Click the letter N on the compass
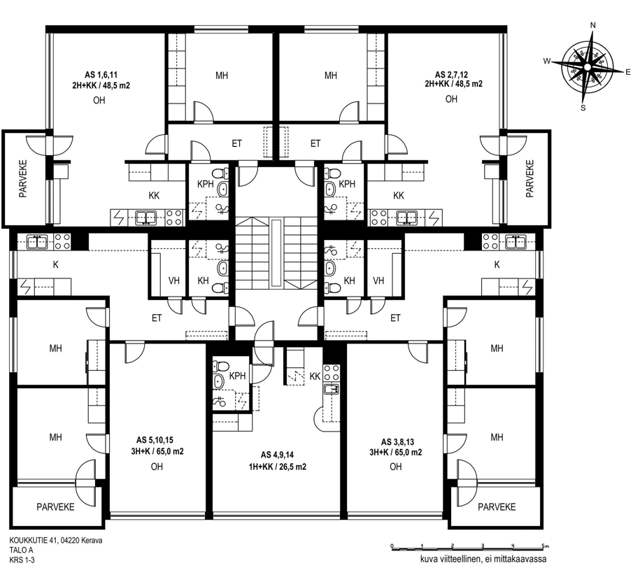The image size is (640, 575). (593, 25)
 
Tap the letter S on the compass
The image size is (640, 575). (583, 108)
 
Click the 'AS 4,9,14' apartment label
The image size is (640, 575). (277, 455)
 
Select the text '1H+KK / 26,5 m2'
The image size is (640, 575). (278, 467)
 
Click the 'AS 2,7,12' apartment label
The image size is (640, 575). (451, 75)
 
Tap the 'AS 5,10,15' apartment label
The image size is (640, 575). (155, 440)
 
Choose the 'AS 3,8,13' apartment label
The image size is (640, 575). (397, 442)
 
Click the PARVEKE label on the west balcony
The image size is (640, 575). (23, 179)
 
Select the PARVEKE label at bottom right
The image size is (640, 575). (497, 507)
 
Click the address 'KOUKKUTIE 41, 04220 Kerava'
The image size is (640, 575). (56, 541)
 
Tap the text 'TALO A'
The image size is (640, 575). (21, 550)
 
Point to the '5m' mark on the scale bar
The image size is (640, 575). (544, 546)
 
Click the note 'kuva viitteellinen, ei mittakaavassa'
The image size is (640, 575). (483, 560)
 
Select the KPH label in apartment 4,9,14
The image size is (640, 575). (237, 376)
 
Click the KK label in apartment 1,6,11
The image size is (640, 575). (154, 196)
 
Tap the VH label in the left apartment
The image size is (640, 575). (174, 281)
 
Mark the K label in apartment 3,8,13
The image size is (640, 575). (497, 265)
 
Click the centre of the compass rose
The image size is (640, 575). (587, 67)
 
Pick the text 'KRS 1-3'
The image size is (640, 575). (22, 560)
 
